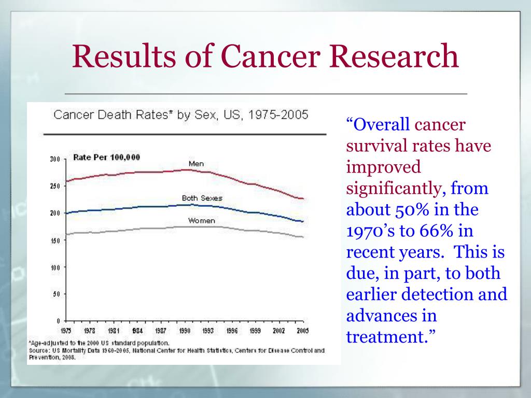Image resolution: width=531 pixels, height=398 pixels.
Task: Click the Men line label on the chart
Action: pyautogui.click(x=196, y=164)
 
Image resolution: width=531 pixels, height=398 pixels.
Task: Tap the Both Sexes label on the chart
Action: pyautogui.click(x=202, y=198)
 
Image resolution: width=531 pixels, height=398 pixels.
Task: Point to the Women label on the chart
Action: pyautogui.click(x=201, y=221)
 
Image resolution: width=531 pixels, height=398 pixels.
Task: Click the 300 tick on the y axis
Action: pyautogui.click(x=55, y=159)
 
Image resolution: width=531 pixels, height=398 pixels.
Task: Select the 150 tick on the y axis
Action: pyautogui.click(x=55, y=240)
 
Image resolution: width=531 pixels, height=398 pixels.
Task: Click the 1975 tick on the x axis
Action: pyautogui.click(x=66, y=331)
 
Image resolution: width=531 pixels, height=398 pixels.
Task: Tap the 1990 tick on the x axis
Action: pyautogui.click(x=184, y=331)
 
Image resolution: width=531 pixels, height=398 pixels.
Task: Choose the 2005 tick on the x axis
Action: pyautogui.click(x=303, y=331)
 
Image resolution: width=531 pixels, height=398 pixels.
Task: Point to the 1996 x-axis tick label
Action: pyautogui.click(x=232, y=331)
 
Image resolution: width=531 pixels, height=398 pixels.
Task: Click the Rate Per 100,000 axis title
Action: pyautogui.click(x=106, y=157)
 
